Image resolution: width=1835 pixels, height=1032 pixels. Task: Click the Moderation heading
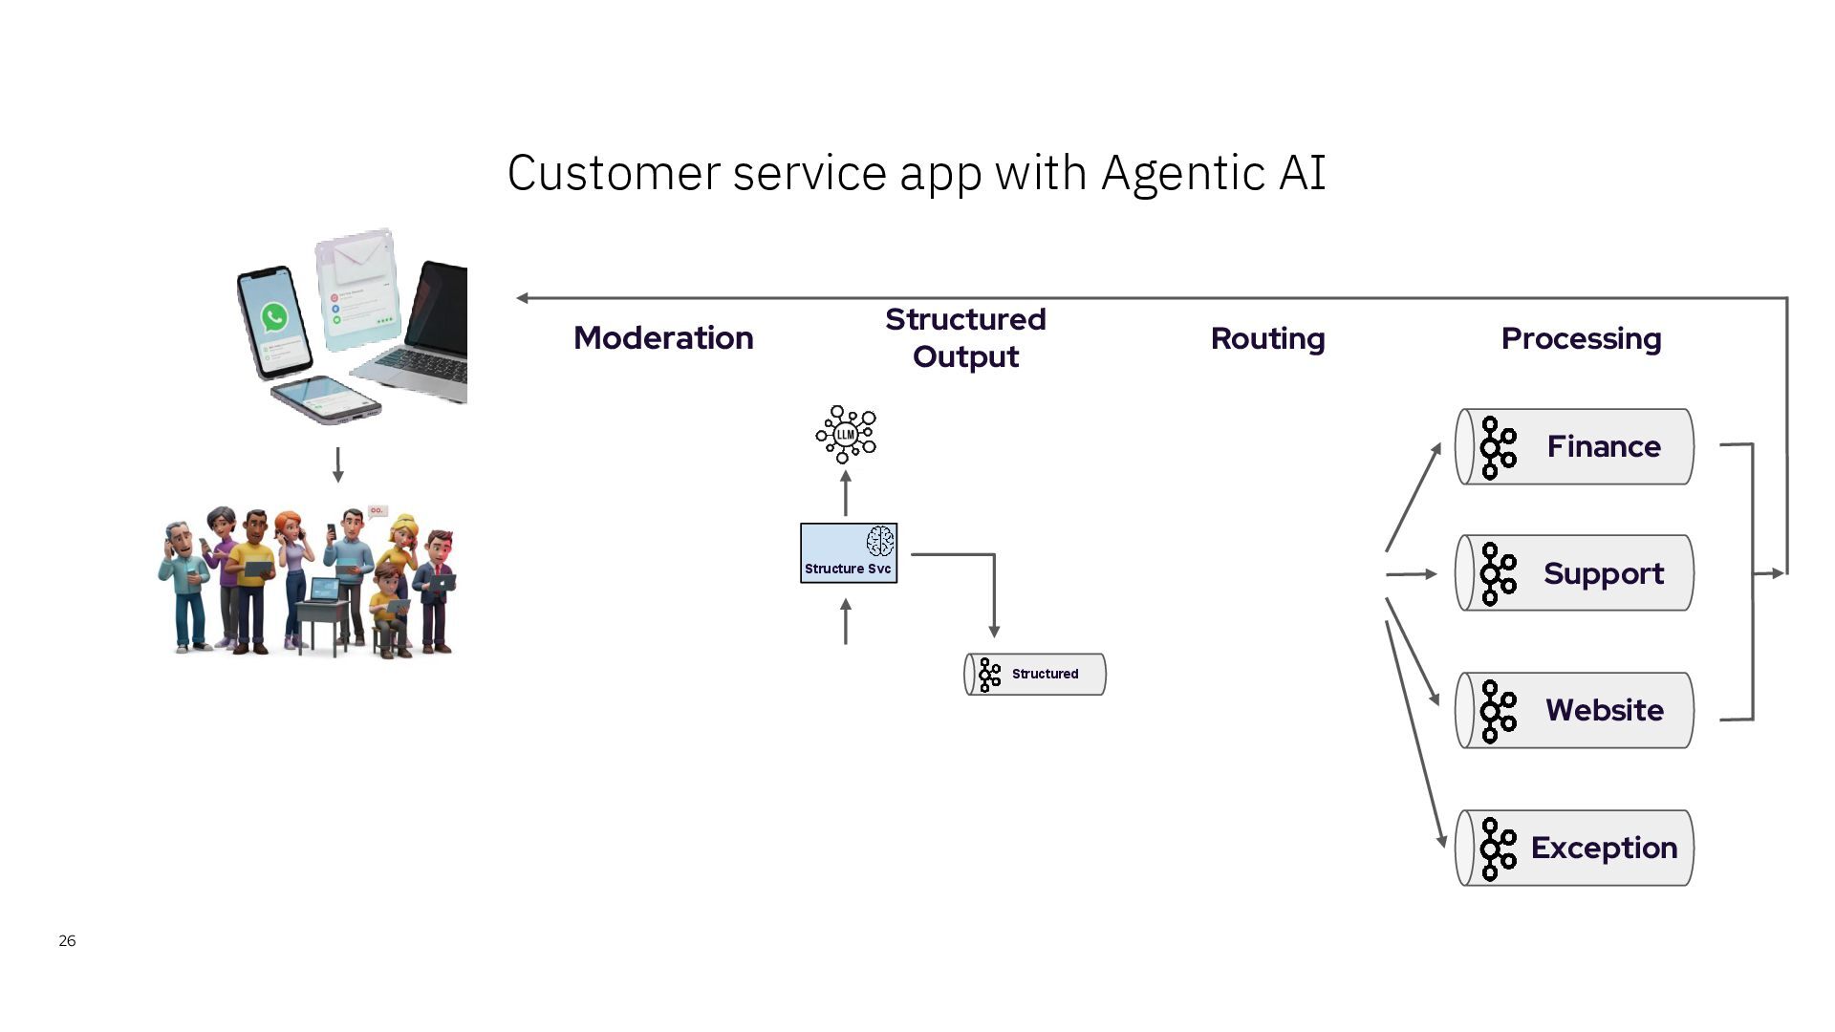(663, 338)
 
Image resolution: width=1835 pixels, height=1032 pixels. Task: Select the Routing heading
(1267, 338)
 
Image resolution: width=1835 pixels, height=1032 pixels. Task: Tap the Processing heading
(1581, 338)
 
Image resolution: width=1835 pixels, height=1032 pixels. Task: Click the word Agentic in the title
(1184, 174)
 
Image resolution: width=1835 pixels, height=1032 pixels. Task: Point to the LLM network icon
(846, 435)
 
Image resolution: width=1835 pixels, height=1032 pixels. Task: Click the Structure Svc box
(848, 553)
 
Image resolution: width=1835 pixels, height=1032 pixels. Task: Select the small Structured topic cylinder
(1035, 674)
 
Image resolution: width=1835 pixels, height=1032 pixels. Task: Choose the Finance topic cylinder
(1574, 446)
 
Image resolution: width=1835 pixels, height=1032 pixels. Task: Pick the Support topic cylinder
(1574, 573)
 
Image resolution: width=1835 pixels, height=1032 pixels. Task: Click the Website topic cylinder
(1574, 710)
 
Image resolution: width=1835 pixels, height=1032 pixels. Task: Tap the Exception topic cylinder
(1574, 848)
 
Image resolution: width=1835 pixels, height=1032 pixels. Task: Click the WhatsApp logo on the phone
(274, 316)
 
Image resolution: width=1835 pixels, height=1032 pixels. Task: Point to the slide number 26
(67, 941)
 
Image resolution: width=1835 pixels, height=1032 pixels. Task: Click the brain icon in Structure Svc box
(879, 542)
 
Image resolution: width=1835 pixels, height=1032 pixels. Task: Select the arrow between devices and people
(337, 464)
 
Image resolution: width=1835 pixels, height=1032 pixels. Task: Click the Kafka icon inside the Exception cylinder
(1497, 848)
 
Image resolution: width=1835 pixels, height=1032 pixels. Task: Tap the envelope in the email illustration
(358, 253)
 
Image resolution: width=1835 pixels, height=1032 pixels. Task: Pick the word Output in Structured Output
(965, 357)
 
